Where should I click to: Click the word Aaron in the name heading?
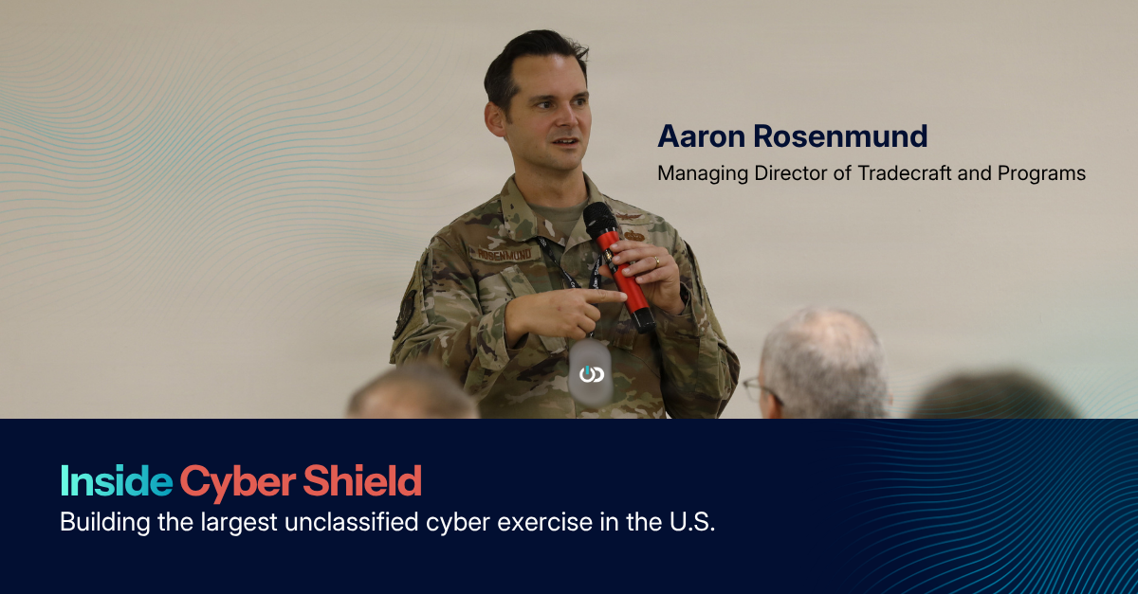(x=701, y=136)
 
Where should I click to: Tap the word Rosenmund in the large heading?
(x=840, y=136)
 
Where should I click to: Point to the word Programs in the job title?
(x=1041, y=174)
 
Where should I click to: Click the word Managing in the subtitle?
(x=703, y=174)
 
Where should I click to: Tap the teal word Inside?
(x=117, y=480)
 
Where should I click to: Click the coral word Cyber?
(x=238, y=482)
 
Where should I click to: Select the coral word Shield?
(x=362, y=480)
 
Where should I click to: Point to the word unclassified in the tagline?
(x=351, y=522)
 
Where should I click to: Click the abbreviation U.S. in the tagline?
(x=692, y=522)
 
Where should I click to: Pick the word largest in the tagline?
(x=239, y=523)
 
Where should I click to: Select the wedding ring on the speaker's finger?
(x=656, y=261)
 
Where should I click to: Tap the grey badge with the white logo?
(x=590, y=373)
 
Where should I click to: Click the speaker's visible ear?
(x=495, y=119)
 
